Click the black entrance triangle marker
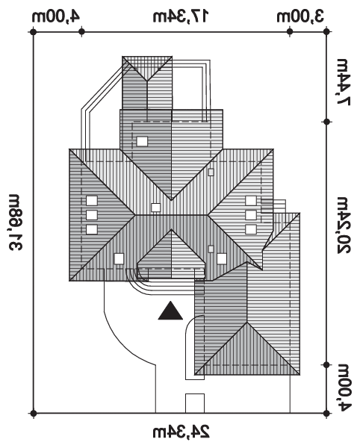(170, 311)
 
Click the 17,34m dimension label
(181, 16)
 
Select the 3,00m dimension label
(300, 16)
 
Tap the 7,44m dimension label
(344, 82)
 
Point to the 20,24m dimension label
(344, 225)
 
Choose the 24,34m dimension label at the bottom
(181, 432)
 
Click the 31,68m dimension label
(15, 223)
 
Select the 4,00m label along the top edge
(56, 16)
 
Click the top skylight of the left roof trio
(92, 201)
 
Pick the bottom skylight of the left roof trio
(92, 229)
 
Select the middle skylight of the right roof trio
(251, 215)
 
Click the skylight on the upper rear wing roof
(142, 141)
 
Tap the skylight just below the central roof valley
(155, 208)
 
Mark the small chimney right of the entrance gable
(211, 249)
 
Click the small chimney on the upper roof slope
(211, 172)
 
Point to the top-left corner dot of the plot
(34, 31)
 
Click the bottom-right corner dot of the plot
(327, 413)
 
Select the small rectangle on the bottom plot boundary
(195, 403)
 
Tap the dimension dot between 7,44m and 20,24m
(327, 122)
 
